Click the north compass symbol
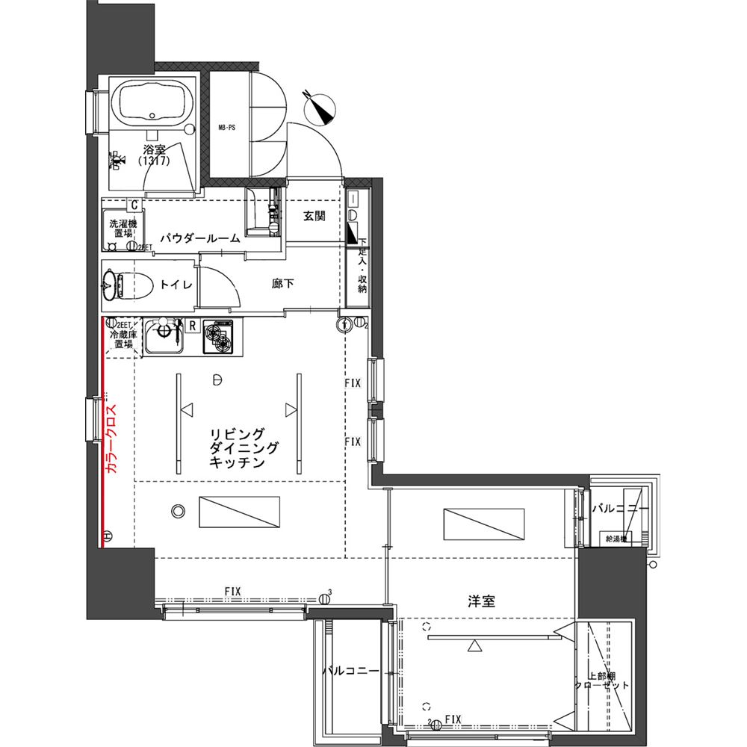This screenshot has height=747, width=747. (322, 108)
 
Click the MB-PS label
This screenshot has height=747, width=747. (226, 128)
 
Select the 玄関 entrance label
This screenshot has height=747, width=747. (314, 217)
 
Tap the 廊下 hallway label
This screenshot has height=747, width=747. (282, 284)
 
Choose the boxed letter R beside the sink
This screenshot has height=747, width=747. (192, 326)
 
